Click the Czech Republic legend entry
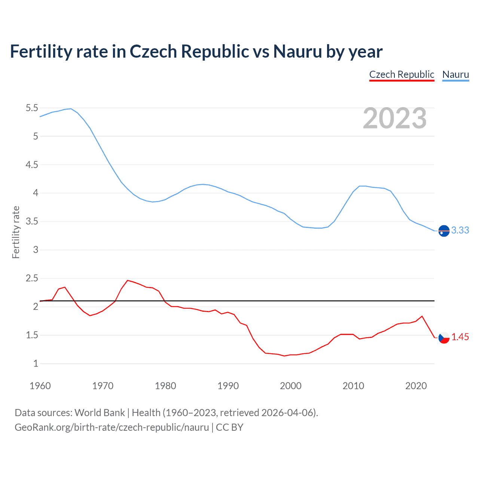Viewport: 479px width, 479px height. tap(402, 74)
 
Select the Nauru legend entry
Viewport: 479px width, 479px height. tap(455, 74)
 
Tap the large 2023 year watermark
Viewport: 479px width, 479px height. tap(395, 118)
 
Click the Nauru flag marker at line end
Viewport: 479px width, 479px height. tap(444, 231)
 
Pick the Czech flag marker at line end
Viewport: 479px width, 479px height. tap(444, 338)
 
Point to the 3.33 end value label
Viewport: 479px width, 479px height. tap(460, 231)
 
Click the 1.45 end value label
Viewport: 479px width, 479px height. tap(460, 337)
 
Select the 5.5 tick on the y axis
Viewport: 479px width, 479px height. tap(32, 108)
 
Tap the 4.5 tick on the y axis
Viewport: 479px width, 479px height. tap(32, 165)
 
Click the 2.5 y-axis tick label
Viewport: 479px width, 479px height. tap(32, 278)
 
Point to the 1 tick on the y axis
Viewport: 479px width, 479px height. tap(36, 364)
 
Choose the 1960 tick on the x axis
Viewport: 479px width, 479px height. tap(40, 386)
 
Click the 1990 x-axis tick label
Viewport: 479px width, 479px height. tap(228, 386)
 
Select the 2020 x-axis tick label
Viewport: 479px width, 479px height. tap(416, 386)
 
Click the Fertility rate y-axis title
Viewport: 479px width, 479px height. tap(16, 232)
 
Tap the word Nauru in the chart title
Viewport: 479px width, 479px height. tap(298, 52)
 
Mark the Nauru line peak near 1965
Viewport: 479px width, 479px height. tap(71, 109)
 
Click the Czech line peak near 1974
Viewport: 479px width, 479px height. tap(128, 280)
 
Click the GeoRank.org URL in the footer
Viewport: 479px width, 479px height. tap(112, 427)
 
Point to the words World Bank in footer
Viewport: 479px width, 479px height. tap(100, 413)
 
